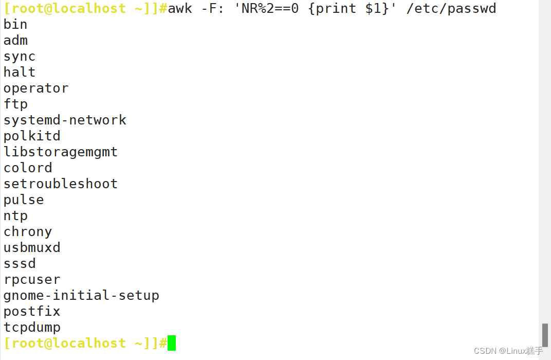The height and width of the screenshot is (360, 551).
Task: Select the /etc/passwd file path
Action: [x=451, y=9]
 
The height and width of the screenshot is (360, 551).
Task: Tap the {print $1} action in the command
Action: [x=348, y=9]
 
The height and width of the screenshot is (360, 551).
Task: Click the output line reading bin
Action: [x=15, y=25]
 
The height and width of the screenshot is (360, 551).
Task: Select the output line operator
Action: [x=36, y=88]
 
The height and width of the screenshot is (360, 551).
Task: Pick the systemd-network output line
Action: [x=65, y=120]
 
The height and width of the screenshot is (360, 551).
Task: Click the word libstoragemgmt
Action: [x=61, y=152]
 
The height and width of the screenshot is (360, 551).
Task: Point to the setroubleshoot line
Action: [x=61, y=184]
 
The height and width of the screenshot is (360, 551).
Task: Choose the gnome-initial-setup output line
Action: [x=81, y=296]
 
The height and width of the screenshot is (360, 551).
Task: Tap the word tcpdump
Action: [x=32, y=328]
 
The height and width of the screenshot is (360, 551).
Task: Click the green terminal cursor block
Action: [x=172, y=343]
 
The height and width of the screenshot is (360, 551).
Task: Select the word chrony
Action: [x=28, y=232]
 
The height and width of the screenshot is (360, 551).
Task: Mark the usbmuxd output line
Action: [x=32, y=248]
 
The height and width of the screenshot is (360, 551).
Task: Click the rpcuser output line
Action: [x=32, y=280]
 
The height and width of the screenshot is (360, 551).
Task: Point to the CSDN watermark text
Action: [x=508, y=351]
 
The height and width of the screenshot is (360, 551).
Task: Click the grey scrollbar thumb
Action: [x=545, y=335]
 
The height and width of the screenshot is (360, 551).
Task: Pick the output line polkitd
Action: [x=32, y=136]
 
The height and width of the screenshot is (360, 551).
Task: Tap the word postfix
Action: [x=32, y=312]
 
